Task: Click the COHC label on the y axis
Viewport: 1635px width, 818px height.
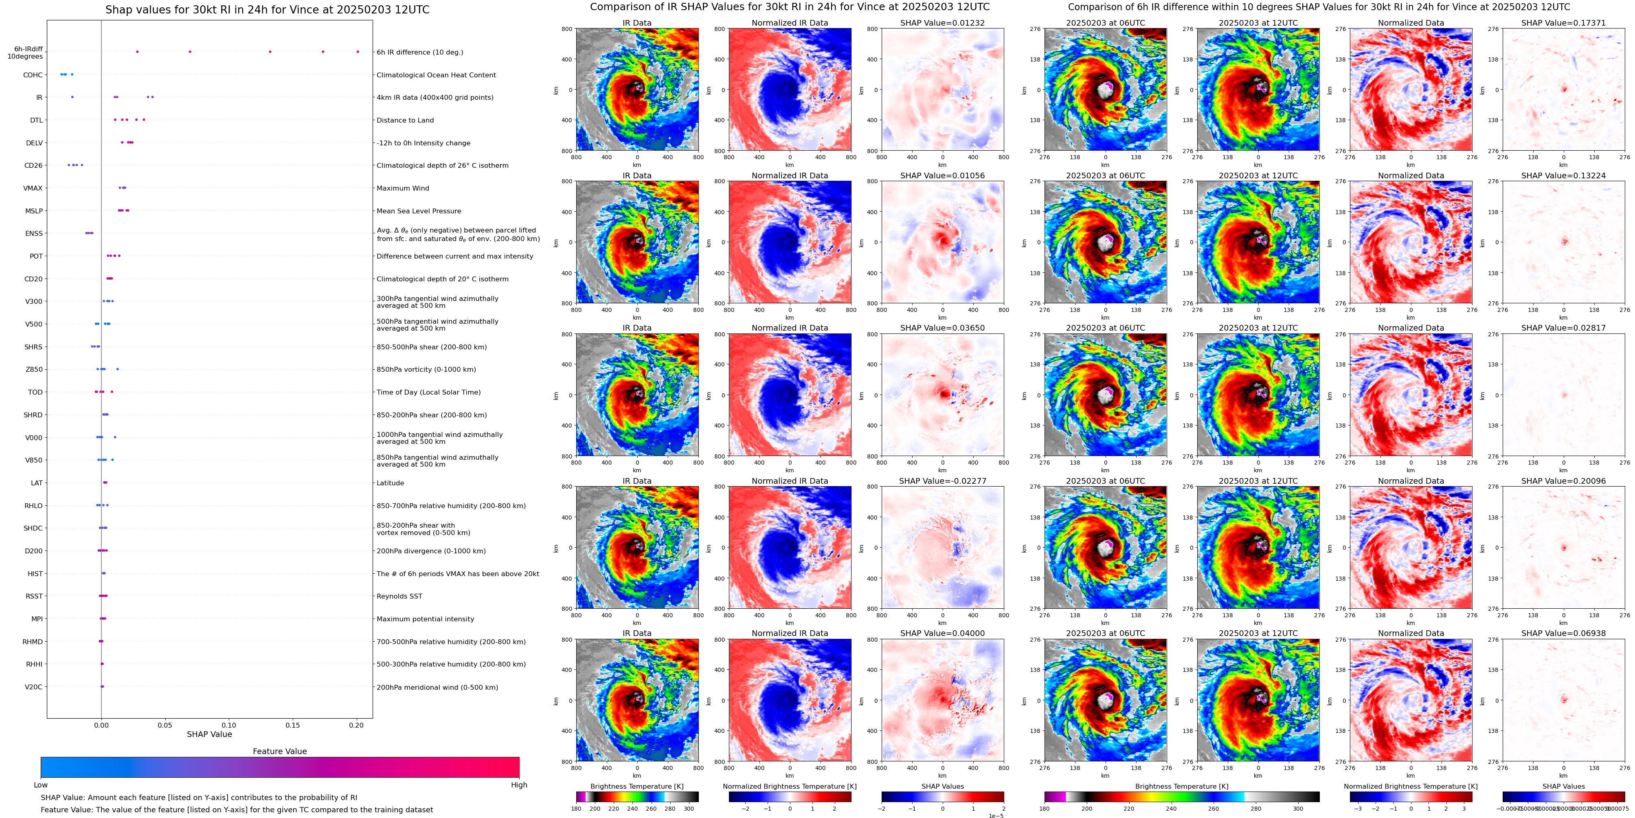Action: point(33,75)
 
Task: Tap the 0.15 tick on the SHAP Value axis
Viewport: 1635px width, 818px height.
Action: point(293,725)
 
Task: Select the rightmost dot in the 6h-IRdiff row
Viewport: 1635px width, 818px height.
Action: point(358,51)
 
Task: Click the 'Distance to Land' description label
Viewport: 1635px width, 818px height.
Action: point(405,120)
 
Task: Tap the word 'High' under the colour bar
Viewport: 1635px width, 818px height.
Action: point(518,785)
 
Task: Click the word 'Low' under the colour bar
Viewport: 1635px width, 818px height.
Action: point(41,785)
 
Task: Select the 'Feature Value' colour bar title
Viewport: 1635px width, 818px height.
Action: point(279,751)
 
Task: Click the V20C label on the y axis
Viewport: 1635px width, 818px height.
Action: point(34,686)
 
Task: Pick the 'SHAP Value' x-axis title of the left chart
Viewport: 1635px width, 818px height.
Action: point(209,734)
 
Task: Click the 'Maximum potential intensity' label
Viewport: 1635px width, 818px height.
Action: point(425,619)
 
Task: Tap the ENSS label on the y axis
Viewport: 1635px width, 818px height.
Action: point(34,234)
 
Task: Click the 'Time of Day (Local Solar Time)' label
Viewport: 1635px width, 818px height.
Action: point(428,392)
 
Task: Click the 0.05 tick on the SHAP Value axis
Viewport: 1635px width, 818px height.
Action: point(165,725)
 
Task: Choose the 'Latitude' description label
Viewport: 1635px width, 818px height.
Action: point(391,483)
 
